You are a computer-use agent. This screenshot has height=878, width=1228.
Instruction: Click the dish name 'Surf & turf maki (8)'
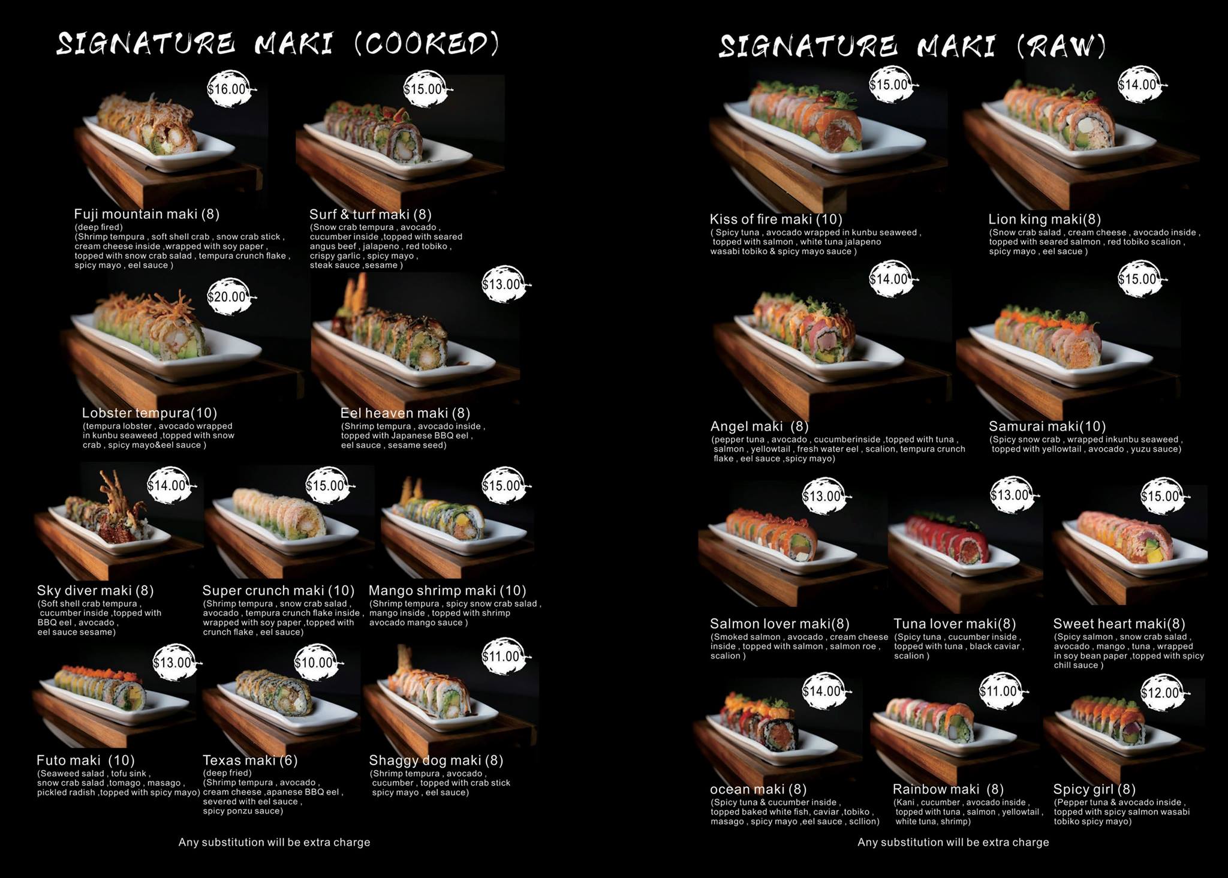tap(370, 214)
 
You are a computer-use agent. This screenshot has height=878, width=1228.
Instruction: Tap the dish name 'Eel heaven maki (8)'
tap(405, 413)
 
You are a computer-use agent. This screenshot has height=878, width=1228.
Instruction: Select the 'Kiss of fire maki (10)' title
tap(776, 219)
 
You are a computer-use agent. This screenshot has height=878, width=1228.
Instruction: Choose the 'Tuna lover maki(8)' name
tap(955, 624)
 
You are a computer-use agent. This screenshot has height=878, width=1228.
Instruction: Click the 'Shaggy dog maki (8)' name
tap(436, 760)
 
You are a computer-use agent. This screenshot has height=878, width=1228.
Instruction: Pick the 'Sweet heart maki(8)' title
tap(1119, 624)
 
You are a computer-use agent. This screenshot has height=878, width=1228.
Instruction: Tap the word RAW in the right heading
tap(1062, 46)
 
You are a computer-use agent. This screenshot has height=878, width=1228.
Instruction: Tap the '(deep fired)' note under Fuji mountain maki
tap(98, 227)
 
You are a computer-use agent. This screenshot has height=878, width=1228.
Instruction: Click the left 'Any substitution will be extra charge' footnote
tap(274, 842)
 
